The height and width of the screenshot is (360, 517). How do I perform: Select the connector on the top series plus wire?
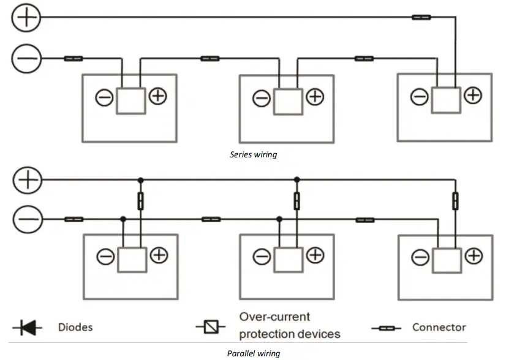[421, 17]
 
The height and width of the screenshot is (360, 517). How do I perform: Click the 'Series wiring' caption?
[253, 154]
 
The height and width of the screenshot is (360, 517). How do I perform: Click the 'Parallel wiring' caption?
[253, 353]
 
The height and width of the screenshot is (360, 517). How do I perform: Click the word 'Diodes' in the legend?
[75, 328]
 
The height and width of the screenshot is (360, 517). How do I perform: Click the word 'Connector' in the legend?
[439, 328]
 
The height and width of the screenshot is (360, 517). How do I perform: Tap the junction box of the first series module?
[130, 100]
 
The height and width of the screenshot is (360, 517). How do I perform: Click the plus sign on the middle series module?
[315, 97]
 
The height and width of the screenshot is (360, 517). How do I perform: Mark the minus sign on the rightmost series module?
[420, 97]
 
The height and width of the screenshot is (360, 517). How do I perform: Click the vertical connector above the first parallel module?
[140, 201]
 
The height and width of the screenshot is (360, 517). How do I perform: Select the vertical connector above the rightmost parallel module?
[455, 201]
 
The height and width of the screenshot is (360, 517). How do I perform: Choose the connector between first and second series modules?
[210, 59]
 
